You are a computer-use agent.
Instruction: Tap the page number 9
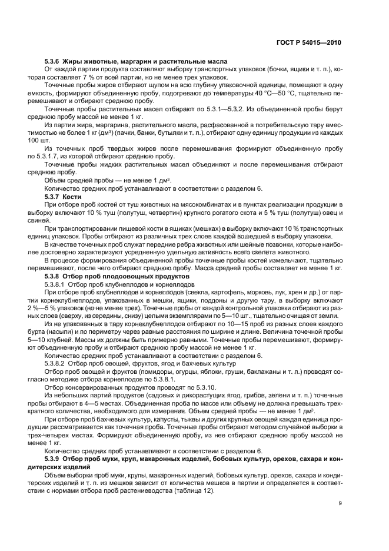340,502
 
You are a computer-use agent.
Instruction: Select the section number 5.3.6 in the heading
54,62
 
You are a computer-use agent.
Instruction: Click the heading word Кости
79,196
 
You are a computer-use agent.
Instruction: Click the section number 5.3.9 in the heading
54,457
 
